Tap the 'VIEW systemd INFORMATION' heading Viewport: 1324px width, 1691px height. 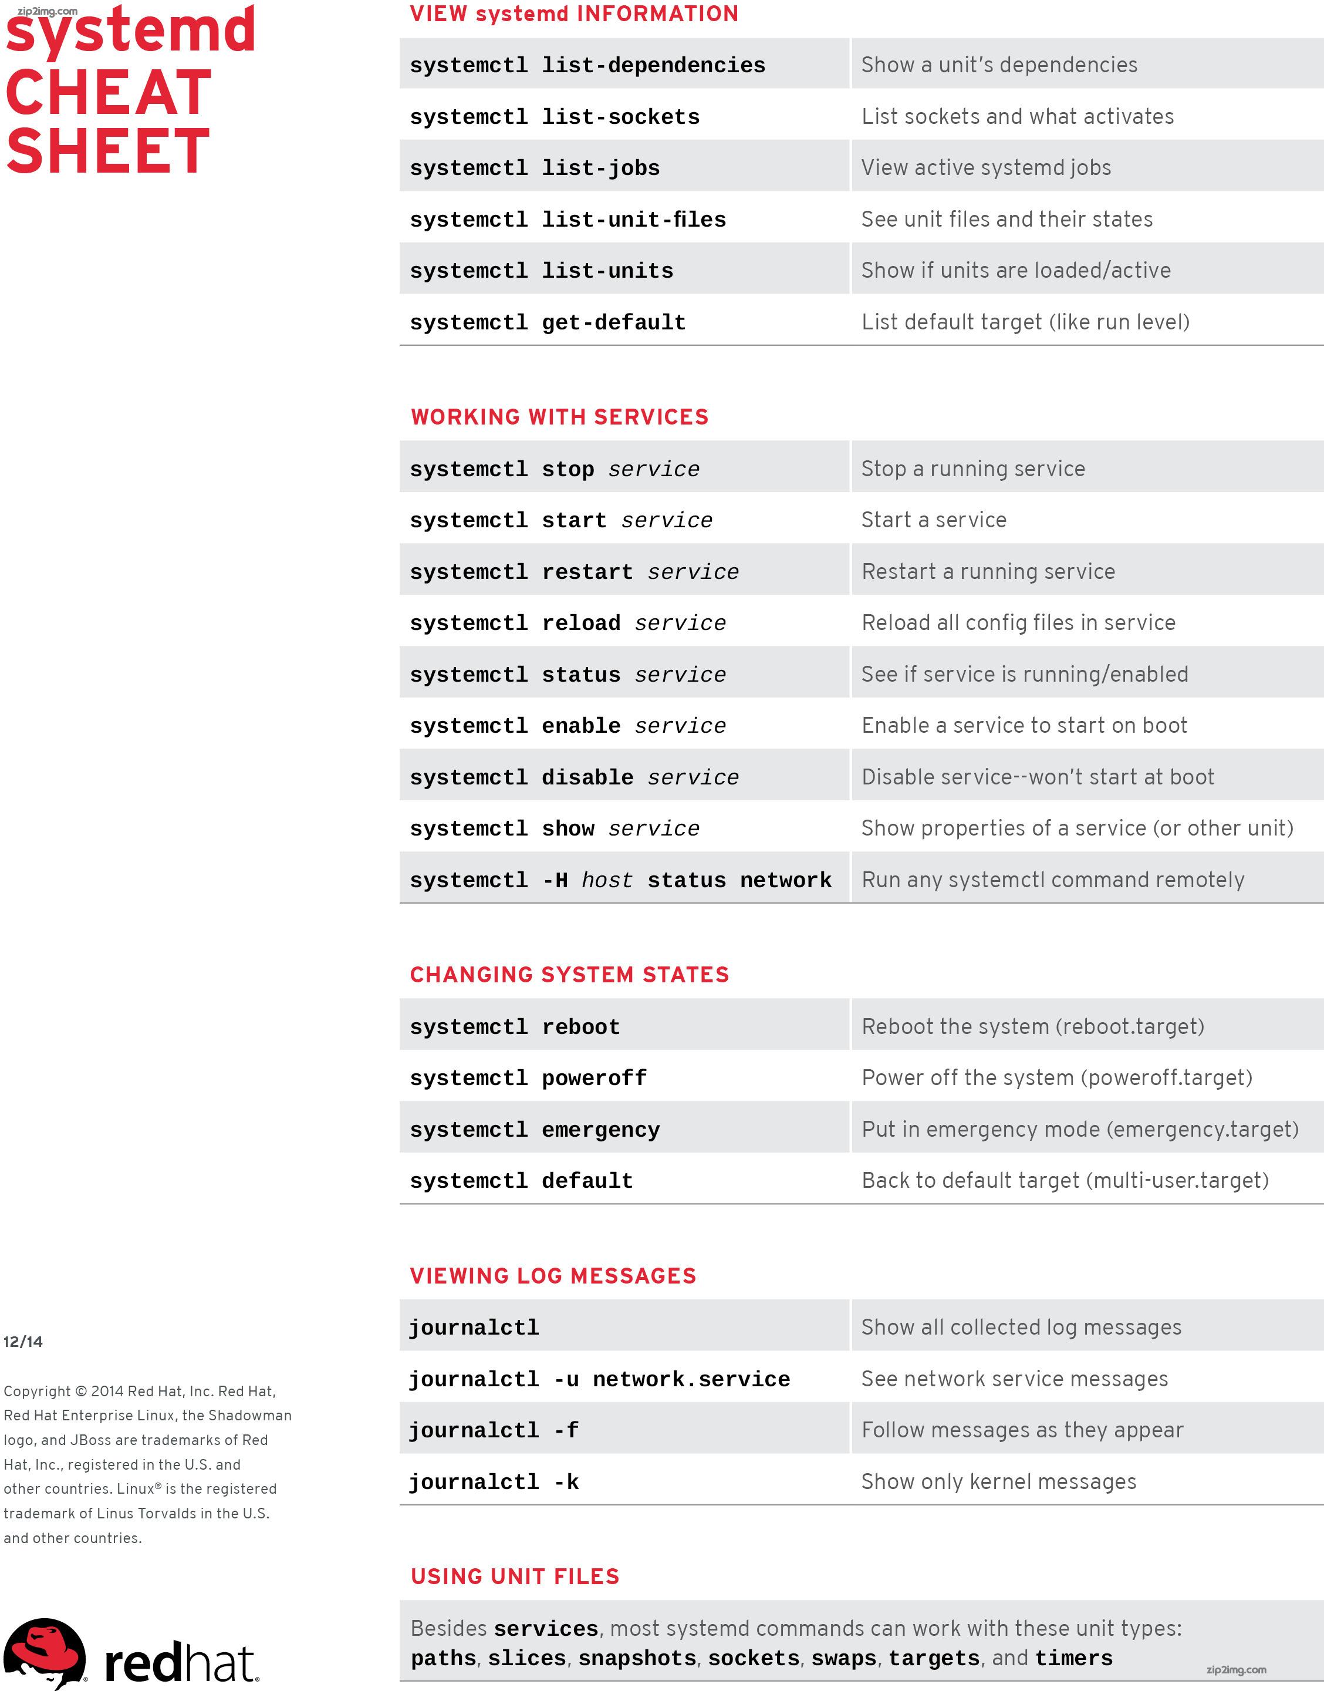[x=573, y=14]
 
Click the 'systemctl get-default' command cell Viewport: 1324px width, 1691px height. [x=548, y=322]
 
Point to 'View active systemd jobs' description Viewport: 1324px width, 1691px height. [x=985, y=167]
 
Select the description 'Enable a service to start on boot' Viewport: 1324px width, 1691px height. [x=1024, y=726]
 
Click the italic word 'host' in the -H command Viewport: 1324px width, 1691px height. [x=607, y=880]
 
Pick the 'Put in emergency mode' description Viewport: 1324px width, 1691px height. [x=1079, y=1130]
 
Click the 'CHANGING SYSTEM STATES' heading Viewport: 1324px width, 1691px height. [x=569, y=975]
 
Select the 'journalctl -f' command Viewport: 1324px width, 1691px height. [x=493, y=1430]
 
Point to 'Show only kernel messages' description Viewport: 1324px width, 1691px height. [x=998, y=1481]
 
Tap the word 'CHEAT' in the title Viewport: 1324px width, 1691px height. [x=109, y=93]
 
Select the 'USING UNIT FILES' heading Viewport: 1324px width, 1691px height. [x=515, y=1577]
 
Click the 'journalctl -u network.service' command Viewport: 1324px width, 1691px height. [x=599, y=1379]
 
